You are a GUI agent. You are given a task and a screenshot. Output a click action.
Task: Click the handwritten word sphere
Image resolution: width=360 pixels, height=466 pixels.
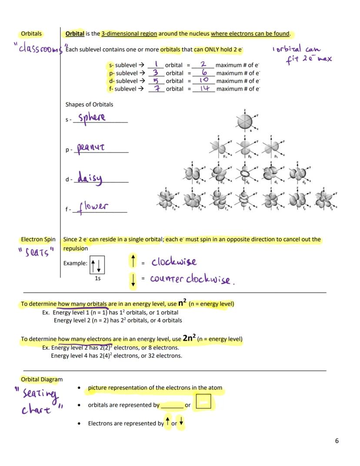pos(92,118)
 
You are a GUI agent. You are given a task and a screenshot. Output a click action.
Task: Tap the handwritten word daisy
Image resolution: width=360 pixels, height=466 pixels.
pos(90,178)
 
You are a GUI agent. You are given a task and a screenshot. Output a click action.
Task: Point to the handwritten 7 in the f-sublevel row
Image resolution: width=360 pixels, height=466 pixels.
pos(155,88)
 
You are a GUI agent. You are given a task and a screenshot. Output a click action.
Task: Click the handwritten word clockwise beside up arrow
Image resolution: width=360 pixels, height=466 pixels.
pos(174,262)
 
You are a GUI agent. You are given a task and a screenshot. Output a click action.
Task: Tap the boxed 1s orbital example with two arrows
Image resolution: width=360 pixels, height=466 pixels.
pos(97,264)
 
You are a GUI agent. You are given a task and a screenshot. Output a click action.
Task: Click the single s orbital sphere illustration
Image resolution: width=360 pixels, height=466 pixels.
pos(245,120)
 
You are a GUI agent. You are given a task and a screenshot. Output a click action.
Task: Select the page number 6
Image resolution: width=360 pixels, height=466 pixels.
pos(337,441)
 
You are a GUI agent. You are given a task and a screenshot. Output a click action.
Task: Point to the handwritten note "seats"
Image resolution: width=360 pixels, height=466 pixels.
pos(36,252)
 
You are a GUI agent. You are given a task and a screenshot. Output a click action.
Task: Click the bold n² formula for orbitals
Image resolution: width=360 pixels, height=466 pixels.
pos(183,303)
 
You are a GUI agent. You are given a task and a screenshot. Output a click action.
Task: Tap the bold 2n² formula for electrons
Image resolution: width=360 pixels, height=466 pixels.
pos(189,338)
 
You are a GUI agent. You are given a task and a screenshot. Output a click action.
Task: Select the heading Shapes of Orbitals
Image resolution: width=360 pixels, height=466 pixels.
pos(89,104)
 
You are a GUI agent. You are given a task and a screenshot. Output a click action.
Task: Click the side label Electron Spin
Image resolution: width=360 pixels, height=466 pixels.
pos(38,240)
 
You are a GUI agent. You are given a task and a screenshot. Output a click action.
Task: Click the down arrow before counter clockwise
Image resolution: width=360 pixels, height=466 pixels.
pos(133,280)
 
